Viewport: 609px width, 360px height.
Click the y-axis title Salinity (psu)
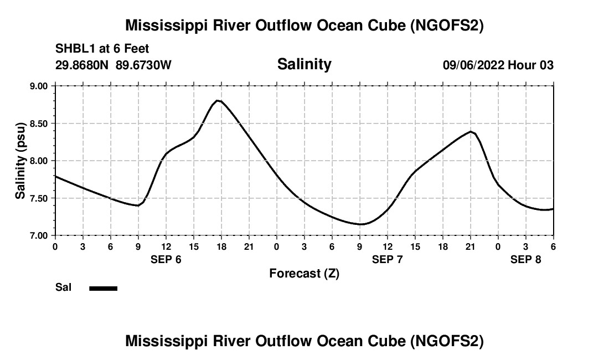[20, 160]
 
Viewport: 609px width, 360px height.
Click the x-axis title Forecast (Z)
[304, 273]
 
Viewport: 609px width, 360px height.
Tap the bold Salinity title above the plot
[304, 64]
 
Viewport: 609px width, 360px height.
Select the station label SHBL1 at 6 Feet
[102, 49]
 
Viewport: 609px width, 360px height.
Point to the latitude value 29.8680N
[82, 65]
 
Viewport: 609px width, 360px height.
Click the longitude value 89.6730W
[143, 65]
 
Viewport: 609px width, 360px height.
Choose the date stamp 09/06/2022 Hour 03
[498, 65]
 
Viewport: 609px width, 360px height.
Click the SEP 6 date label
[166, 259]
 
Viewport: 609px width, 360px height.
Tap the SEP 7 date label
[388, 259]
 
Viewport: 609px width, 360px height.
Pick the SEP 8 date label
[526, 259]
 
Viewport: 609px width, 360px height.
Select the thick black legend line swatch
[103, 288]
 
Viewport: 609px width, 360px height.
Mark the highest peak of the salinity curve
[218, 100]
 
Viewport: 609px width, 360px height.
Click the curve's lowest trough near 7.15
[361, 224]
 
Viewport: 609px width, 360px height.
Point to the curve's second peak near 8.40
[471, 131]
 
